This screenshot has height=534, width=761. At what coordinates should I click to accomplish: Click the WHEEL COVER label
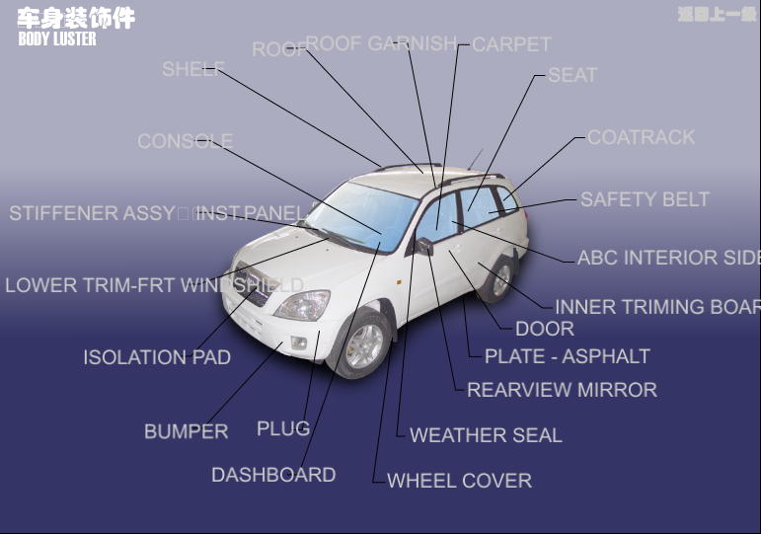[x=459, y=481]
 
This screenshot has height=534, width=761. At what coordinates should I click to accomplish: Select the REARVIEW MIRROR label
[x=562, y=390]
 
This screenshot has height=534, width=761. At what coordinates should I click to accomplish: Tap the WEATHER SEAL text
[x=486, y=435]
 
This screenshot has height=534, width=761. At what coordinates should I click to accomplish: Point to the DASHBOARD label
[x=273, y=475]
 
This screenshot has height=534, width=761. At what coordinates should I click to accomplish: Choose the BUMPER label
[x=186, y=431]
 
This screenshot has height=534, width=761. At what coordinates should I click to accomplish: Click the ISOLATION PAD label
[x=157, y=357]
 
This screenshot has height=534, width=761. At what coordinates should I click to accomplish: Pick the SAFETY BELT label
[x=645, y=199]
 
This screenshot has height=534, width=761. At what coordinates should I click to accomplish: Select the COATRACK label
[x=642, y=137]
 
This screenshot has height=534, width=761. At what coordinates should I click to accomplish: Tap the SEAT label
[x=572, y=75]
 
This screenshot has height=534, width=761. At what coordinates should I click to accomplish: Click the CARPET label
[x=511, y=44]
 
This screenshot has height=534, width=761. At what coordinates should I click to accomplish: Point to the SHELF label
[x=192, y=69]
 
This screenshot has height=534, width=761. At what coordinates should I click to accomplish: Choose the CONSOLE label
[x=185, y=141]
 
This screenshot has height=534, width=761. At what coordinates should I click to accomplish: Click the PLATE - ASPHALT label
[x=567, y=356]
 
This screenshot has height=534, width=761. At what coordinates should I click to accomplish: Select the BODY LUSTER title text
[x=57, y=38]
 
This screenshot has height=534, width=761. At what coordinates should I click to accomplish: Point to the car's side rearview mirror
[x=424, y=245]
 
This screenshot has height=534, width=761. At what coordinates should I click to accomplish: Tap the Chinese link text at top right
[x=717, y=15]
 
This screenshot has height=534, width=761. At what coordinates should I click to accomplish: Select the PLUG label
[x=283, y=428]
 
